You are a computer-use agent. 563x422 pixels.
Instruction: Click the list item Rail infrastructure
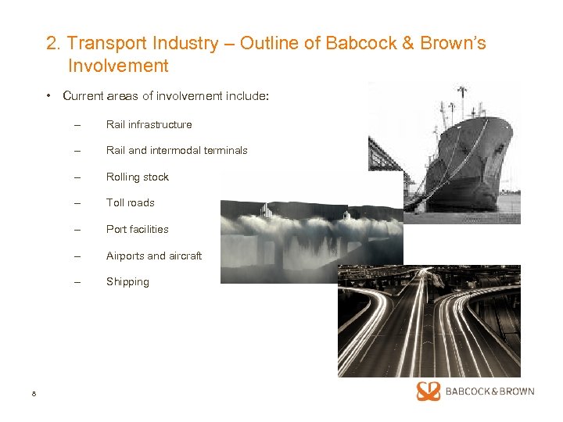[x=149, y=124]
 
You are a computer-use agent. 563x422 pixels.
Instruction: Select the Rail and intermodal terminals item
[x=177, y=150]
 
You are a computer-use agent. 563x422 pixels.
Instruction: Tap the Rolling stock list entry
[x=138, y=177]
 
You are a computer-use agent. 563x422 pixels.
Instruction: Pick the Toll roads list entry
[x=131, y=202]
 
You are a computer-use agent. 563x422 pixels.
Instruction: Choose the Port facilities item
[x=138, y=229]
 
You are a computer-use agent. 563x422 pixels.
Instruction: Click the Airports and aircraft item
[x=154, y=256]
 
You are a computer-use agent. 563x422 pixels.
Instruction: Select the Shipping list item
[x=127, y=281]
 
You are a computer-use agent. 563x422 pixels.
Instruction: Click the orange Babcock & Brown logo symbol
[x=429, y=391]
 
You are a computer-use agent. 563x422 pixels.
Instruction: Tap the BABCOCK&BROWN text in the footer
[x=489, y=391]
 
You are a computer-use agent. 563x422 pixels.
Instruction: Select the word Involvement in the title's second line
[x=118, y=66]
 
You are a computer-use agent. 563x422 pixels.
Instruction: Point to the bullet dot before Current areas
[x=48, y=96]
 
